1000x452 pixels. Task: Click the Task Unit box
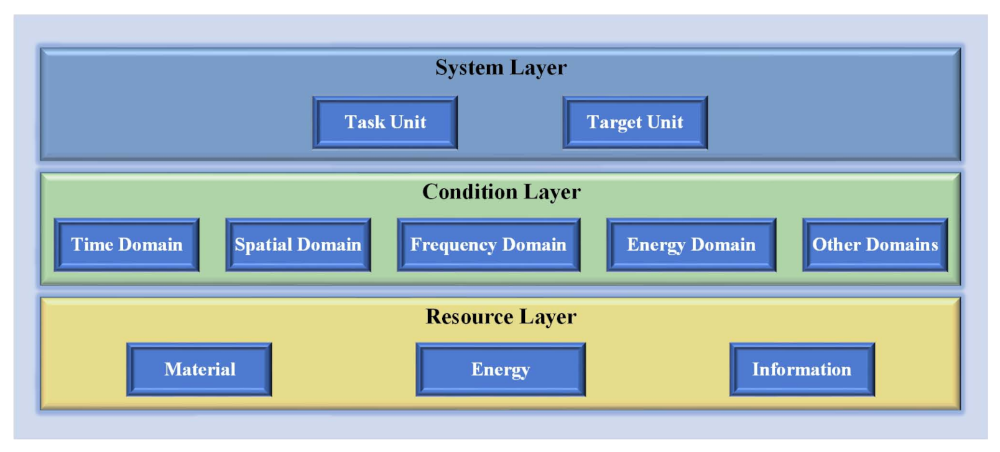pyautogui.click(x=385, y=122)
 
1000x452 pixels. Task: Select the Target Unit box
pyautogui.click(x=635, y=122)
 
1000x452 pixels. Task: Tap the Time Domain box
pyautogui.click(x=127, y=245)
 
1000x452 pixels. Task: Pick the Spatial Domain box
pyautogui.click(x=298, y=245)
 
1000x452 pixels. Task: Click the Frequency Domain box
pyautogui.click(x=488, y=245)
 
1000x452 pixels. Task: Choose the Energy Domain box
pyautogui.click(x=691, y=245)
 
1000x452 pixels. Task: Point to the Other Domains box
pyautogui.click(x=875, y=245)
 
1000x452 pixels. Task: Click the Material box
pyautogui.click(x=199, y=369)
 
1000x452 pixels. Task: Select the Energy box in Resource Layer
pyautogui.click(x=501, y=369)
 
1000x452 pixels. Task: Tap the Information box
pyautogui.click(x=802, y=369)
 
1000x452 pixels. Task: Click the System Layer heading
pyautogui.click(x=501, y=67)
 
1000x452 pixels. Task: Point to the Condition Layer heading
pyautogui.click(x=501, y=191)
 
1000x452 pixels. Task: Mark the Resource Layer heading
pyautogui.click(x=501, y=316)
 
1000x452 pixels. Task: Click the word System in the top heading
pyautogui.click(x=469, y=67)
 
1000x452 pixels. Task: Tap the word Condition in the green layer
pyautogui.click(x=470, y=191)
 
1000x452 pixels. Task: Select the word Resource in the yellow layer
pyautogui.click(x=470, y=316)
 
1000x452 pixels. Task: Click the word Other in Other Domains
pyautogui.click(x=836, y=245)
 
